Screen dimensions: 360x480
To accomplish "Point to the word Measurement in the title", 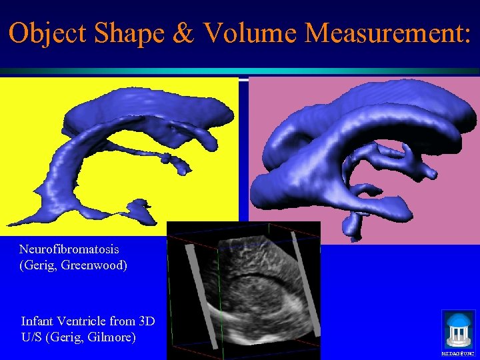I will pos(387,34).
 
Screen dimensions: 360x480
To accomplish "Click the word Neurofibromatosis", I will pos(69,249).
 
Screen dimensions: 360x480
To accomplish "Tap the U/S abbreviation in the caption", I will pos(32,337).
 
